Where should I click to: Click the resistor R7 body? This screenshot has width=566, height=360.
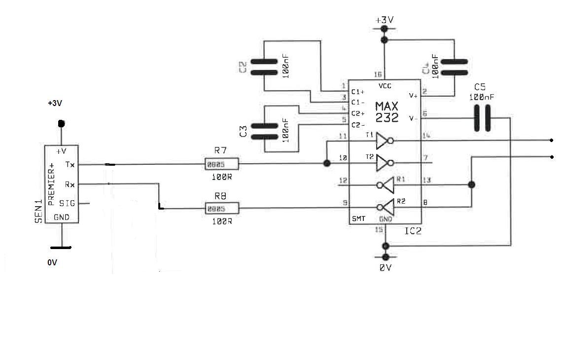tap(221, 164)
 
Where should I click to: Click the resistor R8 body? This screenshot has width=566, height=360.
tap(221, 208)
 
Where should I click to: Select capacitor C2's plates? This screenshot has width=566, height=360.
tap(264, 67)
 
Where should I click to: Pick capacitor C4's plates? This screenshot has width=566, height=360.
tap(454, 67)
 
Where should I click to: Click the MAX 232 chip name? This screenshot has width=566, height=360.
tap(387, 112)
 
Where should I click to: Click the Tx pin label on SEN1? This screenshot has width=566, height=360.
tap(70, 164)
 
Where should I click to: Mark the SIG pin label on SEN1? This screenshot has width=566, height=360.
tap(67, 203)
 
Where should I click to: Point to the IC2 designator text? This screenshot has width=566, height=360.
tap(412, 230)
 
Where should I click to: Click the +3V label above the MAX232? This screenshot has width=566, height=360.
tap(385, 20)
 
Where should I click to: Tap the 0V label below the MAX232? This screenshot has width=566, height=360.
tap(385, 268)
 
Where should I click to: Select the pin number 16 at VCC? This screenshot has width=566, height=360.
tap(378, 75)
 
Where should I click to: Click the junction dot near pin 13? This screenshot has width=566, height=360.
tap(472, 185)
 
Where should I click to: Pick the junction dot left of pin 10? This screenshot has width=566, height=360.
tap(326, 163)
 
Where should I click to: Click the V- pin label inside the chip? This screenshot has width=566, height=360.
tap(413, 118)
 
